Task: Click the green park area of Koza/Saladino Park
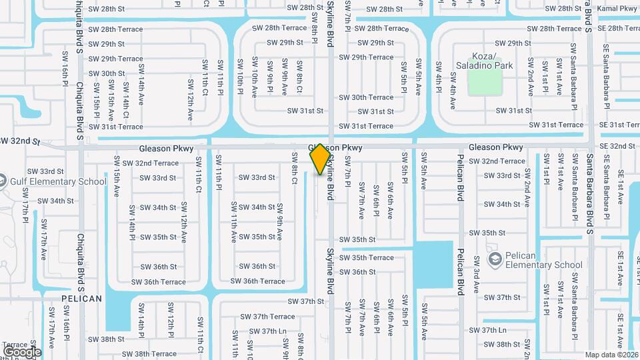click(485, 81)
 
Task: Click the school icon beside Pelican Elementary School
click(495, 259)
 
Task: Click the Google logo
click(22, 352)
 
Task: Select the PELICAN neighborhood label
click(82, 298)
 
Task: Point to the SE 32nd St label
click(617, 146)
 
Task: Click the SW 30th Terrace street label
click(366, 97)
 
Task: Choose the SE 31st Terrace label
click(619, 125)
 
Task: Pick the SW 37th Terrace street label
click(267, 317)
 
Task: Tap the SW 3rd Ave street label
click(477, 273)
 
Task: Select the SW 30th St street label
click(107, 73)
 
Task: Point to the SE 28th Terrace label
click(619, 28)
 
